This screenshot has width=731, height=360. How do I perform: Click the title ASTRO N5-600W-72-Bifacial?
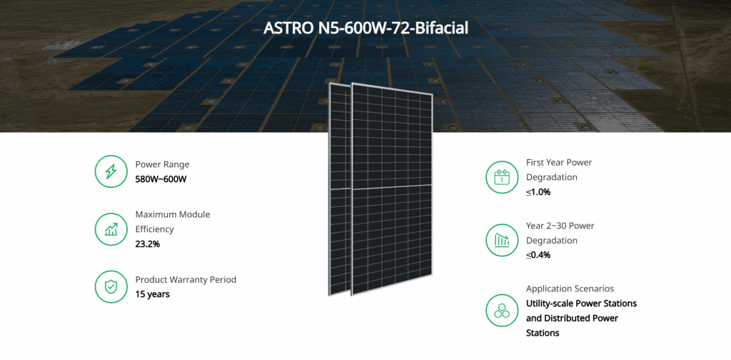[365, 28]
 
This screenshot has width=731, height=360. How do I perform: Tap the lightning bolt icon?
[111, 171]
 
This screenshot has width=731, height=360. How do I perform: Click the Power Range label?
[162, 164]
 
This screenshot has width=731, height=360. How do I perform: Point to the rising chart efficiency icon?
[111, 229]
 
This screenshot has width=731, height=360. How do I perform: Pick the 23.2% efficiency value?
[147, 244]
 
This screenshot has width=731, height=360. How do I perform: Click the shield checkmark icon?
[111, 287]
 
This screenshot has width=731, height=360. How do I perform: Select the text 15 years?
[153, 294]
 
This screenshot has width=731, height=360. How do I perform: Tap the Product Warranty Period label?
[186, 280]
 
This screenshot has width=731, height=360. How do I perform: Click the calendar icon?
[502, 177]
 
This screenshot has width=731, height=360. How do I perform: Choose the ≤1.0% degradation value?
[538, 191]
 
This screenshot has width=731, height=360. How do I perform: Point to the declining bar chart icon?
[502, 240]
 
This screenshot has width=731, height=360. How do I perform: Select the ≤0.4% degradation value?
[538, 254]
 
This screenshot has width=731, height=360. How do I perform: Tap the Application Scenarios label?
[570, 289]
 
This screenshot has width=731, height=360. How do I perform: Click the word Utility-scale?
[550, 304]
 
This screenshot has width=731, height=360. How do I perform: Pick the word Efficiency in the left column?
[154, 229]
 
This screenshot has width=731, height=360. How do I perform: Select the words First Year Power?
[559, 163]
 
